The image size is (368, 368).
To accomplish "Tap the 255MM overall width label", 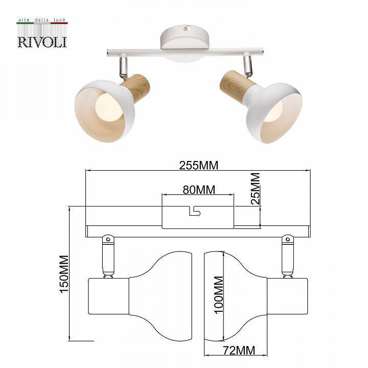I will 198,165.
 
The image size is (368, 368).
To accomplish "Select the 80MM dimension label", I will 198,190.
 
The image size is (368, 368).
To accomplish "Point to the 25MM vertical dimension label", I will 255,189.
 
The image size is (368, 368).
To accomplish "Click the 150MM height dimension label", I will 64,274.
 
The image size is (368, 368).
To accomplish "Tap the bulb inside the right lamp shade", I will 274,111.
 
